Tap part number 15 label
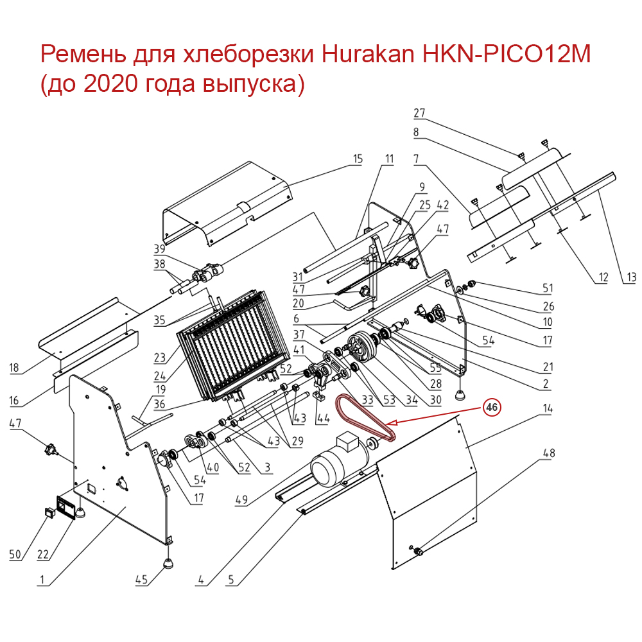point(358,158)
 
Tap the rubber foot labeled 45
point(169,563)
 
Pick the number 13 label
point(630,277)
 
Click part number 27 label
point(419,113)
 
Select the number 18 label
point(14,369)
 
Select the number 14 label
point(548,408)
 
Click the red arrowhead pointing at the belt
point(392,422)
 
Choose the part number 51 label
point(548,287)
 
